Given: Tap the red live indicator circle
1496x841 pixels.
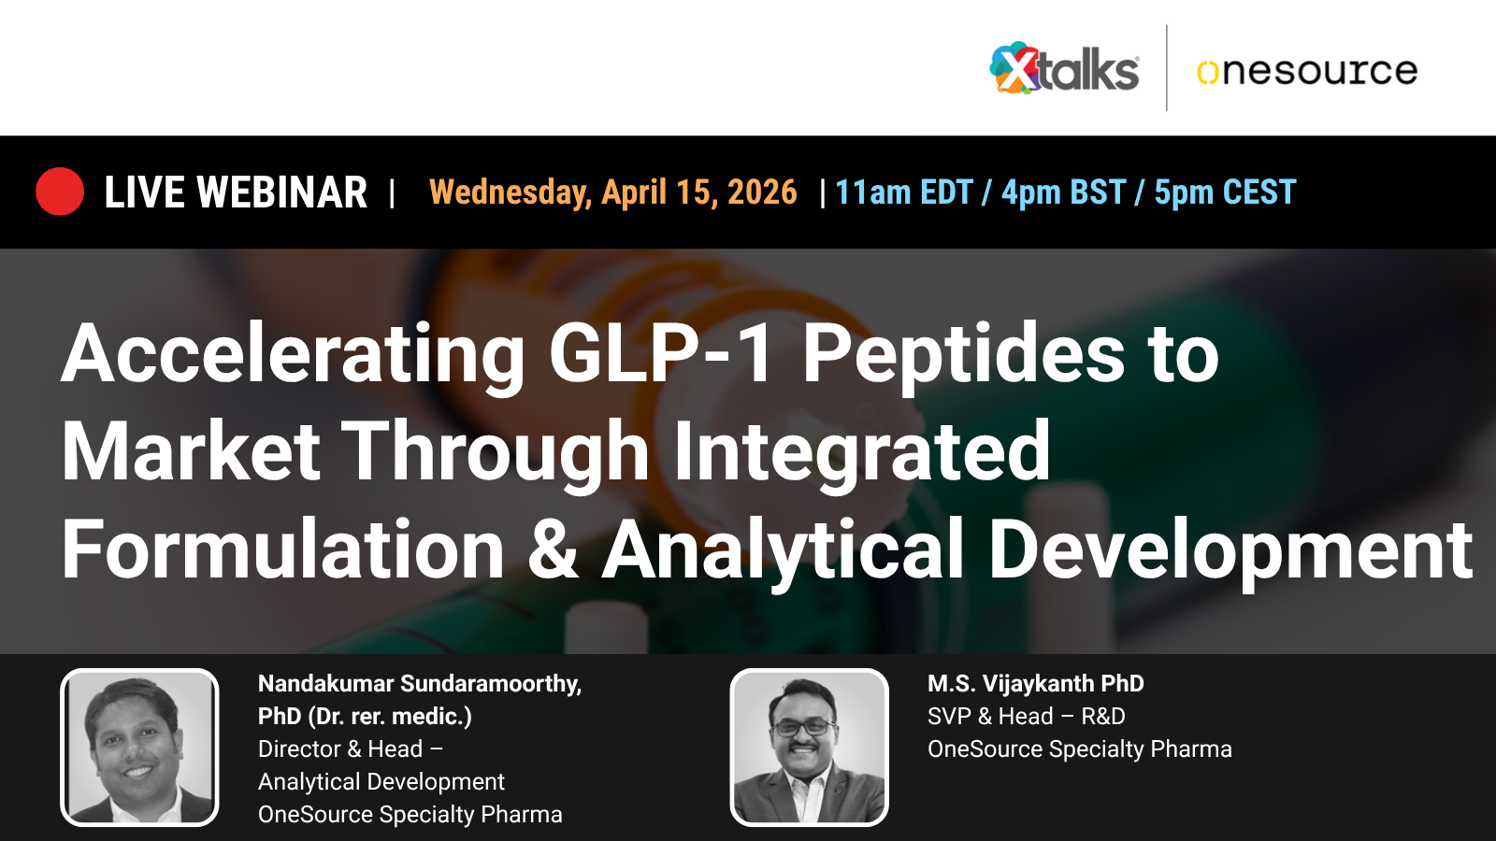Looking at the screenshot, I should point(60,192).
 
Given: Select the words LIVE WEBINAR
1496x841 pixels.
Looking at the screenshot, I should point(236,192).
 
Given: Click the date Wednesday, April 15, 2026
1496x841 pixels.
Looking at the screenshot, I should point(612,192).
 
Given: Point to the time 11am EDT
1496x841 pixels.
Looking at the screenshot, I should point(903,192).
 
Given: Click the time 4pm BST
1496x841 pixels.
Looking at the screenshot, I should point(1063,192).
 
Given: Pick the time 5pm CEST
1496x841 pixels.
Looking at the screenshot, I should point(1225,192).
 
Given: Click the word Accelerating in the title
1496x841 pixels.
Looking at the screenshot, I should point(294,355).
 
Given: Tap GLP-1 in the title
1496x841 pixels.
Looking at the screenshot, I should point(660,355).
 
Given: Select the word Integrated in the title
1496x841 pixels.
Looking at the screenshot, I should point(861,452).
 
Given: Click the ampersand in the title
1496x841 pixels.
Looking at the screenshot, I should point(553,550).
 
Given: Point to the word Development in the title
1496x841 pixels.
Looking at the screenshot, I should point(1230,550).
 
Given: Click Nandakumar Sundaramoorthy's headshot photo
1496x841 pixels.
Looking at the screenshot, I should point(139,748).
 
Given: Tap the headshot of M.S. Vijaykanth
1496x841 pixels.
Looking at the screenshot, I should point(809,748).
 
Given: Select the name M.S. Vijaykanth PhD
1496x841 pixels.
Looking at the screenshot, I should point(1035,684).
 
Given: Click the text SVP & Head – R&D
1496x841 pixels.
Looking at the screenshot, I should point(1026,717).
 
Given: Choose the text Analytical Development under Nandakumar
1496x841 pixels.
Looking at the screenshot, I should point(381,782).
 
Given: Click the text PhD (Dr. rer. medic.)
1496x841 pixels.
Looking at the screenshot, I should point(365,717).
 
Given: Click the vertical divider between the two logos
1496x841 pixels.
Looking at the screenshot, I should point(1167,68).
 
